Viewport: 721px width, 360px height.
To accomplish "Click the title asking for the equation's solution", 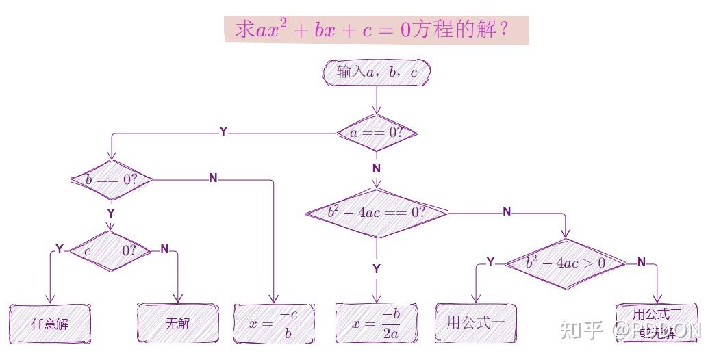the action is point(376,30).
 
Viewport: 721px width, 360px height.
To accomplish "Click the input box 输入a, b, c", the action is point(377,73).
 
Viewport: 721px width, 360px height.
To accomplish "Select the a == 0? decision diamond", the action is point(377,133).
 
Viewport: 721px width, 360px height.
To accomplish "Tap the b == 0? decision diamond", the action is point(112,179).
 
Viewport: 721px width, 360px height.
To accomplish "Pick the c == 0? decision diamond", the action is point(111,250).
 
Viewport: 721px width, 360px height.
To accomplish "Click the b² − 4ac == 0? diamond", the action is point(377,212).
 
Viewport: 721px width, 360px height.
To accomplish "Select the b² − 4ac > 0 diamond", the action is point(566,263).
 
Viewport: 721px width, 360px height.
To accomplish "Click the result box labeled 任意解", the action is point(50,323).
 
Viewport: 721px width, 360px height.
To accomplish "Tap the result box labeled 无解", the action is point(178,323).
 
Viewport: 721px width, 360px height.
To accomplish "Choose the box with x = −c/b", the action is point(274,323).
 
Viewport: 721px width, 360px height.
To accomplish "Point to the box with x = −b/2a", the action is point(377,323).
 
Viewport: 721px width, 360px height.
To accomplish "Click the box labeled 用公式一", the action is point(476,322).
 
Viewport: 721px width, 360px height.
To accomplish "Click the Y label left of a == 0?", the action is point(223,131).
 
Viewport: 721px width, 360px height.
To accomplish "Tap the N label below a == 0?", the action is point(377,168).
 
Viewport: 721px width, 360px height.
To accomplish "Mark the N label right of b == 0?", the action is point(213,178).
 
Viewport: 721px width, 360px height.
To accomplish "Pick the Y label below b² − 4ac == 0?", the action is point(377,269).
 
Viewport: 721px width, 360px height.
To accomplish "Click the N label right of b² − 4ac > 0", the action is point(642,262).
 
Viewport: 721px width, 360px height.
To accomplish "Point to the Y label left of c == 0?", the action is point(60,249).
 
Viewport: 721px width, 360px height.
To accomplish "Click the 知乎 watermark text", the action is point(581,331).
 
